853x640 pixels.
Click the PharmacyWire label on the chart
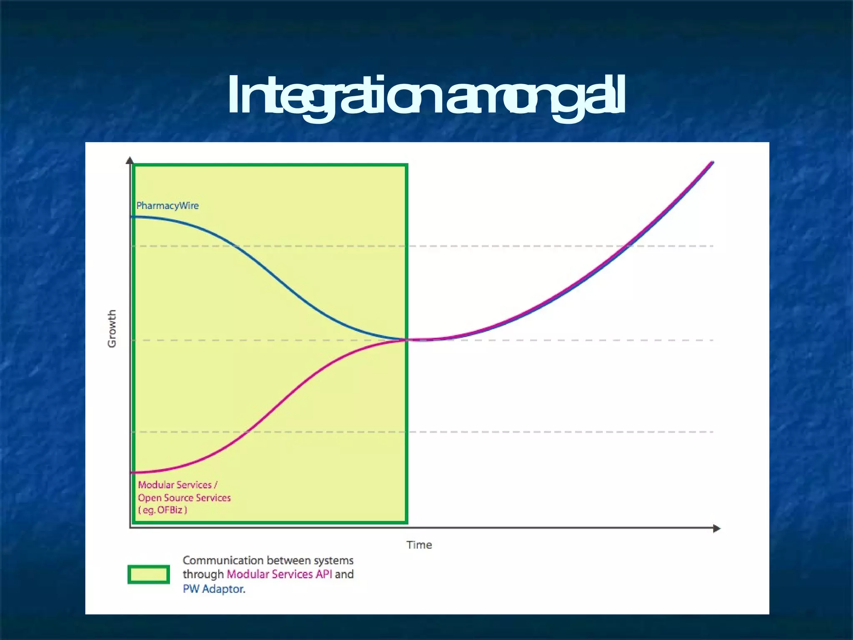167,205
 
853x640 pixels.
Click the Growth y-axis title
112,328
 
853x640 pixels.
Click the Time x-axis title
419,545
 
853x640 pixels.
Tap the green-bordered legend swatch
149,574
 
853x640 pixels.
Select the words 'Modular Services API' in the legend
279,574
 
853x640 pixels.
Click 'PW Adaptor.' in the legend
214,589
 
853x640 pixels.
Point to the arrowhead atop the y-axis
130,160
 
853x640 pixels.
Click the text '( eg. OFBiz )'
162,510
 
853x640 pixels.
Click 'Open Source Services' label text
184,497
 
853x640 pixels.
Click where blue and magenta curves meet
407,340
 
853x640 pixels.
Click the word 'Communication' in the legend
223,560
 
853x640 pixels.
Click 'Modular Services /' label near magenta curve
177,485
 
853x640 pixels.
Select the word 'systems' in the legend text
333,560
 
